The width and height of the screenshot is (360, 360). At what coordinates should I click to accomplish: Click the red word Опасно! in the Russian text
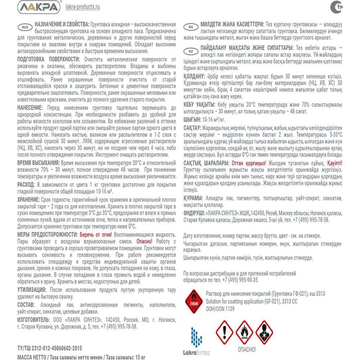pyautogui.click(x=144, y=241)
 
